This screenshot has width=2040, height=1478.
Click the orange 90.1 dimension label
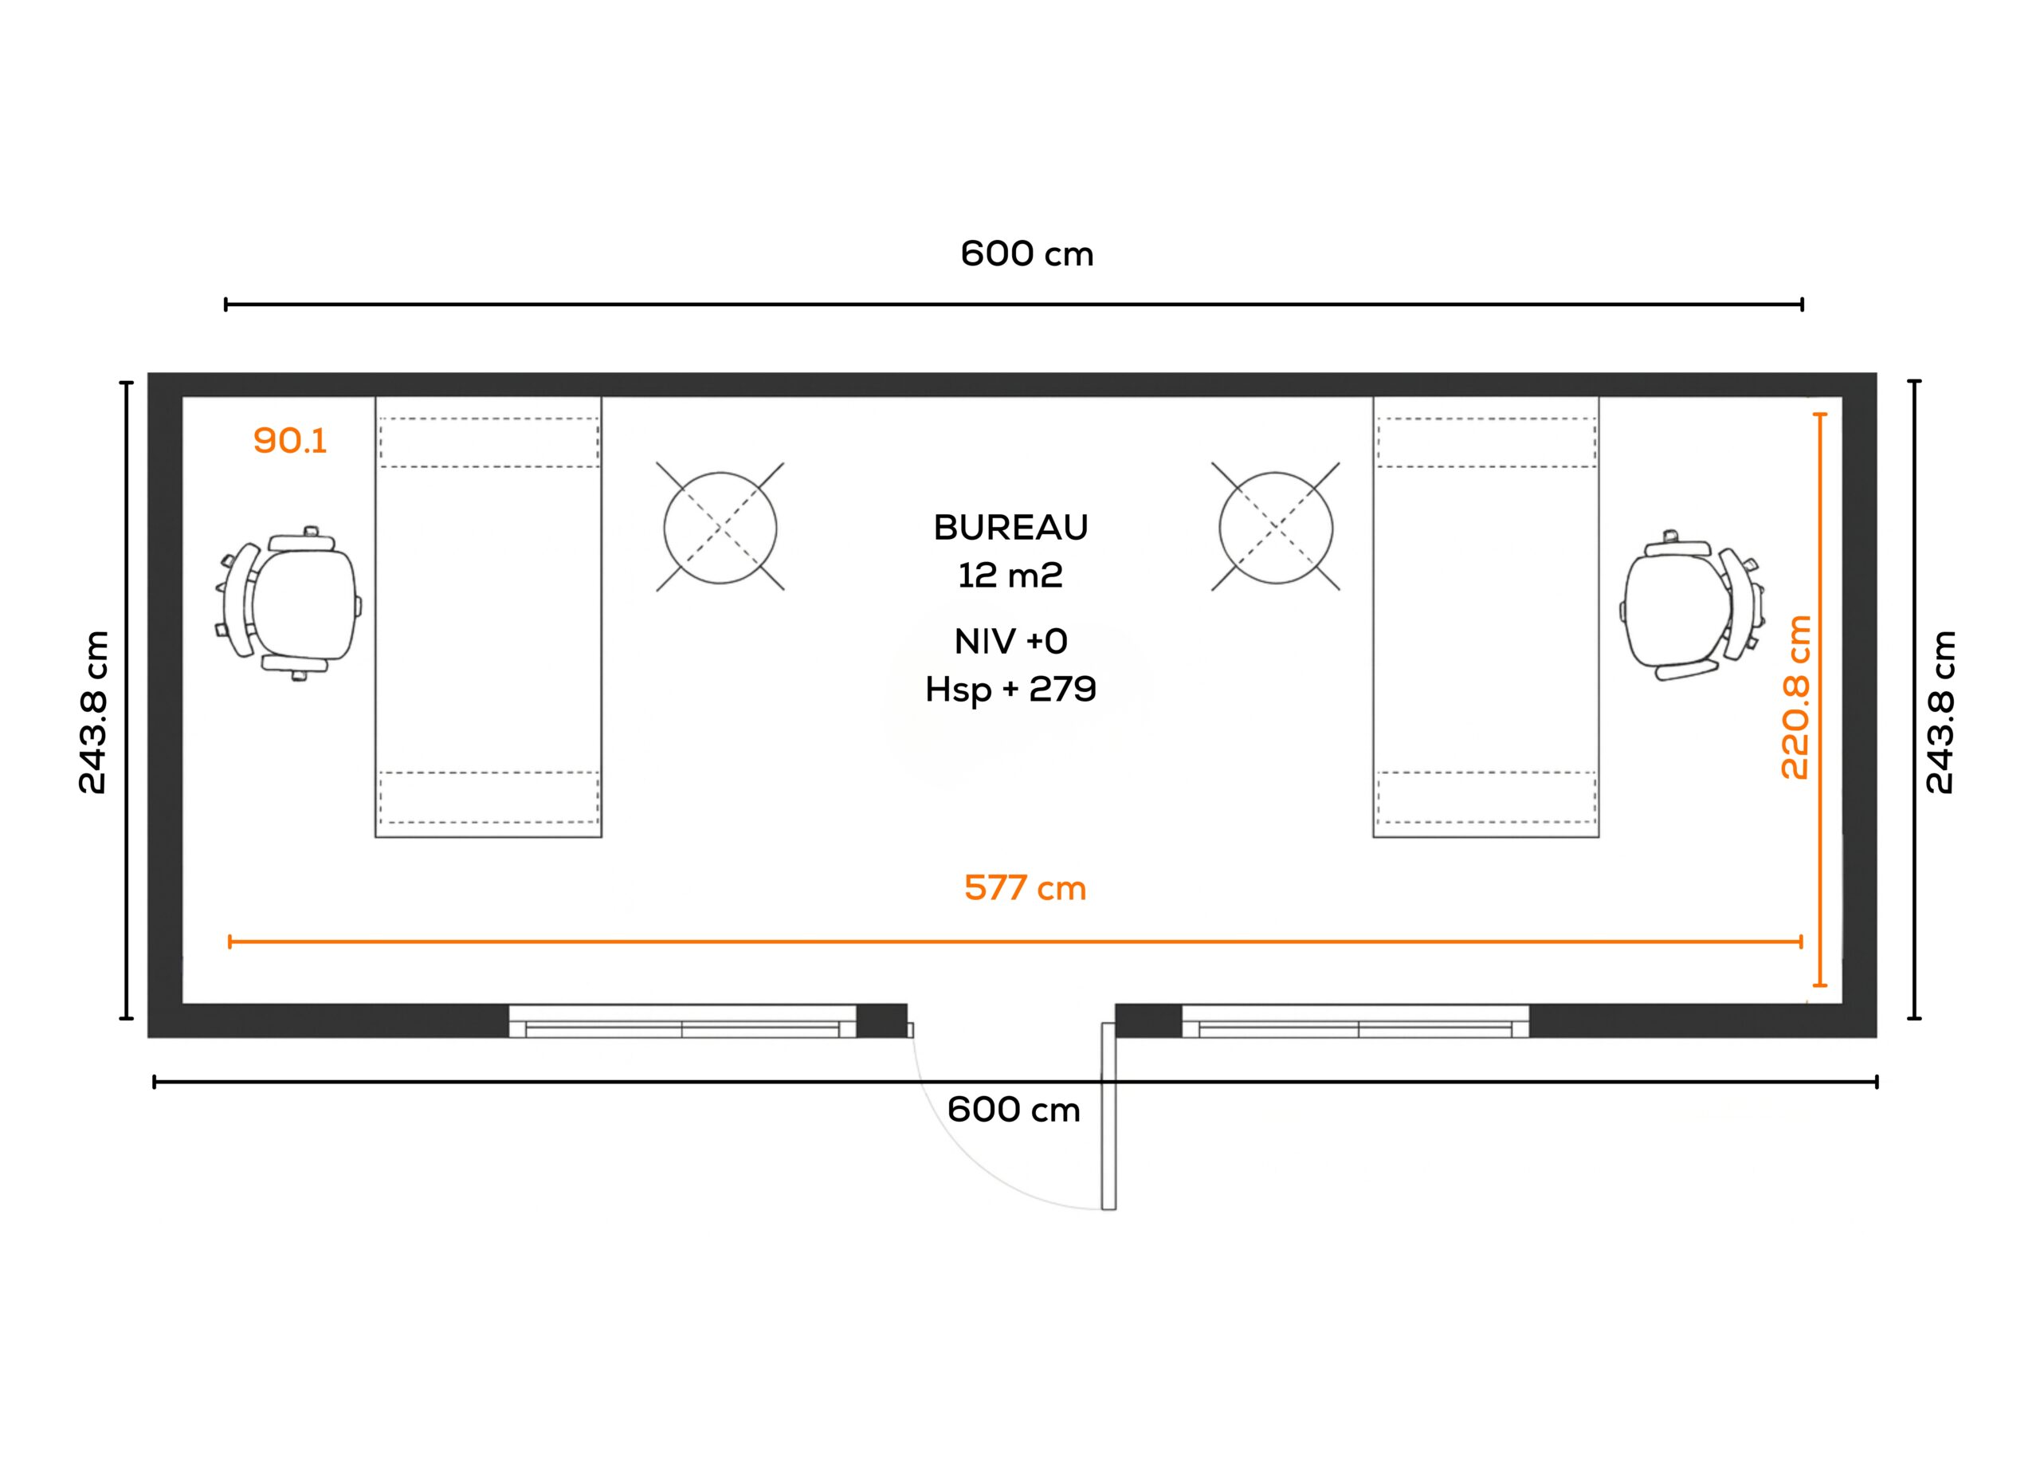pyautogui.click(x=289, y=441)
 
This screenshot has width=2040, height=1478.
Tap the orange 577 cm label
pyautogui.click(x=1025, y=889)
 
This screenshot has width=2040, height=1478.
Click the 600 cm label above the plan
pyautogui.click(x=1027, y=254)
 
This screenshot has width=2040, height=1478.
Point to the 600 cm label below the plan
pyautogui.click(x=1014, y=1110)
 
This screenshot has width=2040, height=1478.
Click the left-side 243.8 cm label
pyautogui.click(x=93, y=712)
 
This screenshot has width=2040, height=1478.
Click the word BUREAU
pyautogui.click(x=1011, y=528)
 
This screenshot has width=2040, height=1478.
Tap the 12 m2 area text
pyautogui.click(x=1010, y=575)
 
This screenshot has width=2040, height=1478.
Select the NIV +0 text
pyautogui.click(x=1011, y=642)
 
